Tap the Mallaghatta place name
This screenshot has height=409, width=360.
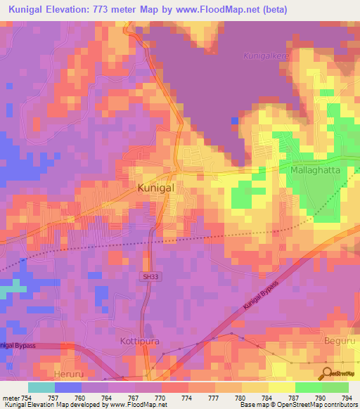[316, 170]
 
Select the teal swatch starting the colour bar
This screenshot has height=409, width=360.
[41, 387]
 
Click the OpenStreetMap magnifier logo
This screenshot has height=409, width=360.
[327, 373]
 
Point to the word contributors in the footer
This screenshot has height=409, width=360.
[338, 405]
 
